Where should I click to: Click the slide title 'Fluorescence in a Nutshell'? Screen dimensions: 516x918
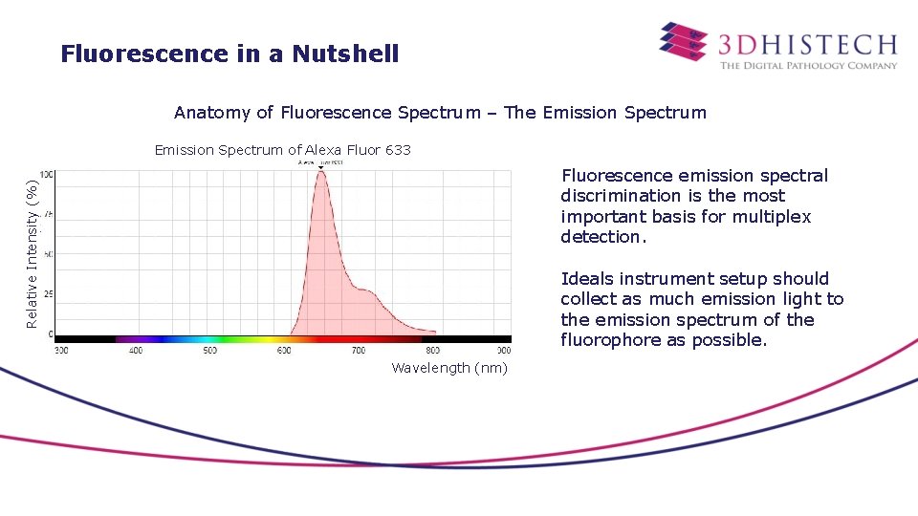[229, 54]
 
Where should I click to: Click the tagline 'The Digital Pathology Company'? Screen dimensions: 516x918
[808, 66]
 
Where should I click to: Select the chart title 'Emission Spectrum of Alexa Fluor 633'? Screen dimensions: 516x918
[283, 150]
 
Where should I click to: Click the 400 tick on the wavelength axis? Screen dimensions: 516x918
[136, 351]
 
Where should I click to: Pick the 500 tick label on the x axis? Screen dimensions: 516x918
[210, 351]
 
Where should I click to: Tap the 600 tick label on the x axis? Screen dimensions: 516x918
[284, 351]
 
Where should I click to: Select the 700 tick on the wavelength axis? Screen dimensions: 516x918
[359, 351]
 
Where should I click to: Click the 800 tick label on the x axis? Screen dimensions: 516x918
[432, 351]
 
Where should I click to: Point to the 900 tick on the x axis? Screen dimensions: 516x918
[503, 351]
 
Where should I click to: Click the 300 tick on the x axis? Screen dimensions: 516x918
[61, 351]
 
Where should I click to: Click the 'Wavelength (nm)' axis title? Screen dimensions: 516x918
[449, 368]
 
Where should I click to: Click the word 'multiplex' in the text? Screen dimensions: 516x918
[774, 217]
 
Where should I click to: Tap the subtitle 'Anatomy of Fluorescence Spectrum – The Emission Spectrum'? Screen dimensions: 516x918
[440, 113]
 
